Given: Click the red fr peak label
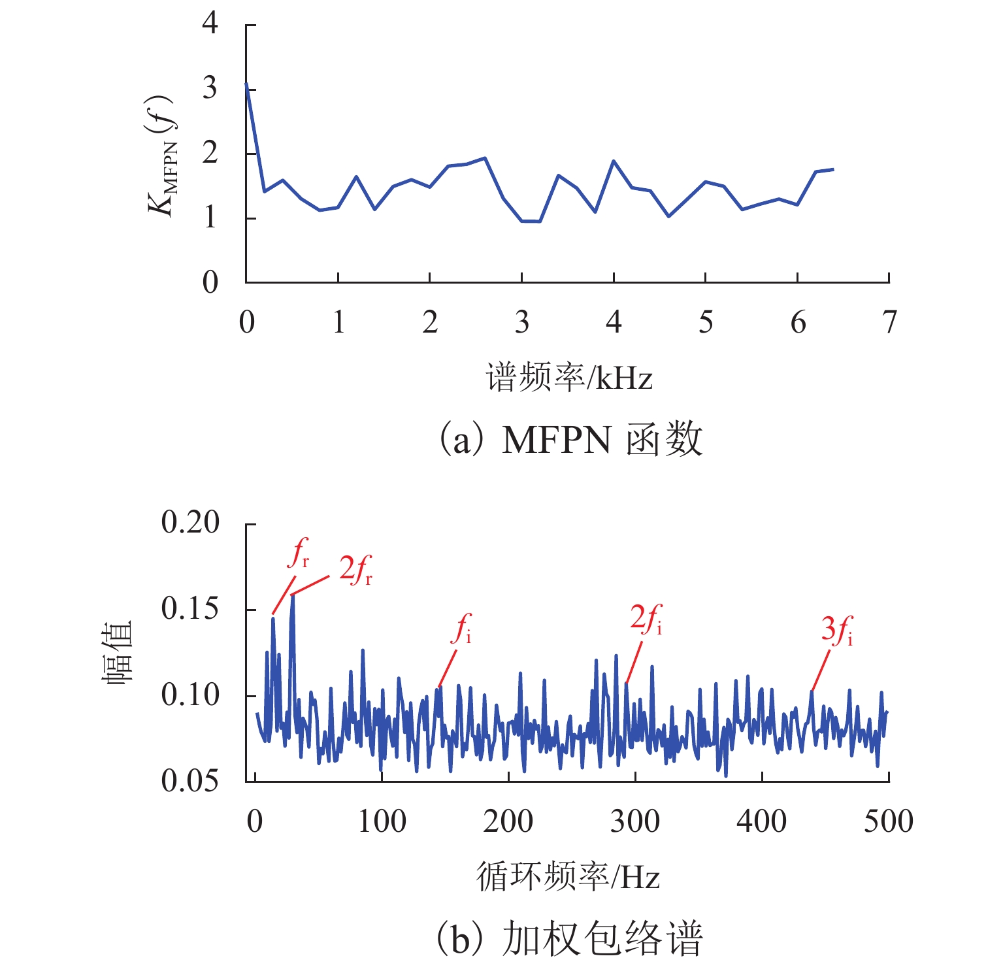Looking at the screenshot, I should click(x=299, y=553).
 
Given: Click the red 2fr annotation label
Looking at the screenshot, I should click(x=355, y=569).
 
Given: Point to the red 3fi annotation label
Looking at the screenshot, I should click(x=837, y=630).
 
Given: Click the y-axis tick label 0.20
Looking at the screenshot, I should click(x=190, y=523).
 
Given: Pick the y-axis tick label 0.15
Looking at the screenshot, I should click(x=190, y=609).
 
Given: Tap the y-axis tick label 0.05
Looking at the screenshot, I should click(x=190, y=780).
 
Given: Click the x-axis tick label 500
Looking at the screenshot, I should click(x=888, y=821).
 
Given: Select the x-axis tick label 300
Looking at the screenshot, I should click(x=634, y=821).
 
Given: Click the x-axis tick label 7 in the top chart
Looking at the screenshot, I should click(x=889, y=322).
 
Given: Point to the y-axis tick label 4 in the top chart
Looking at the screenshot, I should click(x=210, y=24).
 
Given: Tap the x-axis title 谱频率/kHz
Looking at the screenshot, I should click(x=568, y=378).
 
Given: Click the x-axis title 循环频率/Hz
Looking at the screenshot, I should click(x=568, y=877).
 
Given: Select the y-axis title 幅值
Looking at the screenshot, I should click(x=118, y=652).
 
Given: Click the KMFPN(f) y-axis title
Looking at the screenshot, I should click(x=161, y=154).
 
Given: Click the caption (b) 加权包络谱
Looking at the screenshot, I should click(x=568, y=938).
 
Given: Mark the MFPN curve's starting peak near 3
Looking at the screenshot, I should click(x=246, y=84).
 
